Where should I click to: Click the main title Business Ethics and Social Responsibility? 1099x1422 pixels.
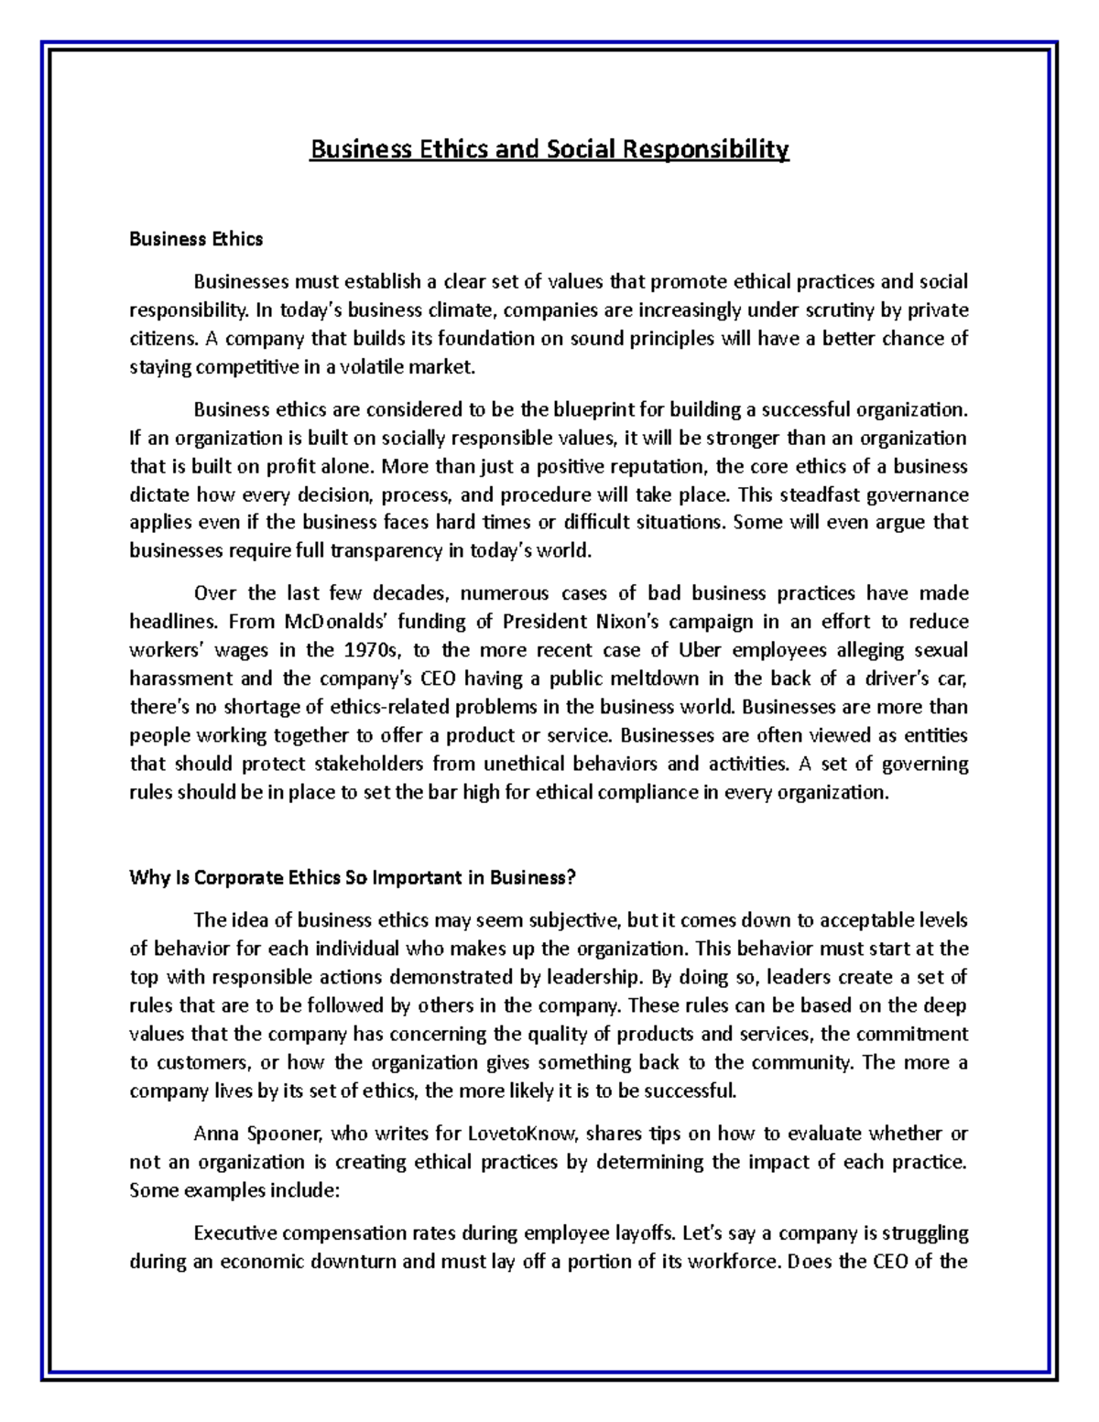pos(549,149)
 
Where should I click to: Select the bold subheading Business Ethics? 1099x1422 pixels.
pos(196,239)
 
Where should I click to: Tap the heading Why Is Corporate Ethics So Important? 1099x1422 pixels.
pos(353,877)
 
